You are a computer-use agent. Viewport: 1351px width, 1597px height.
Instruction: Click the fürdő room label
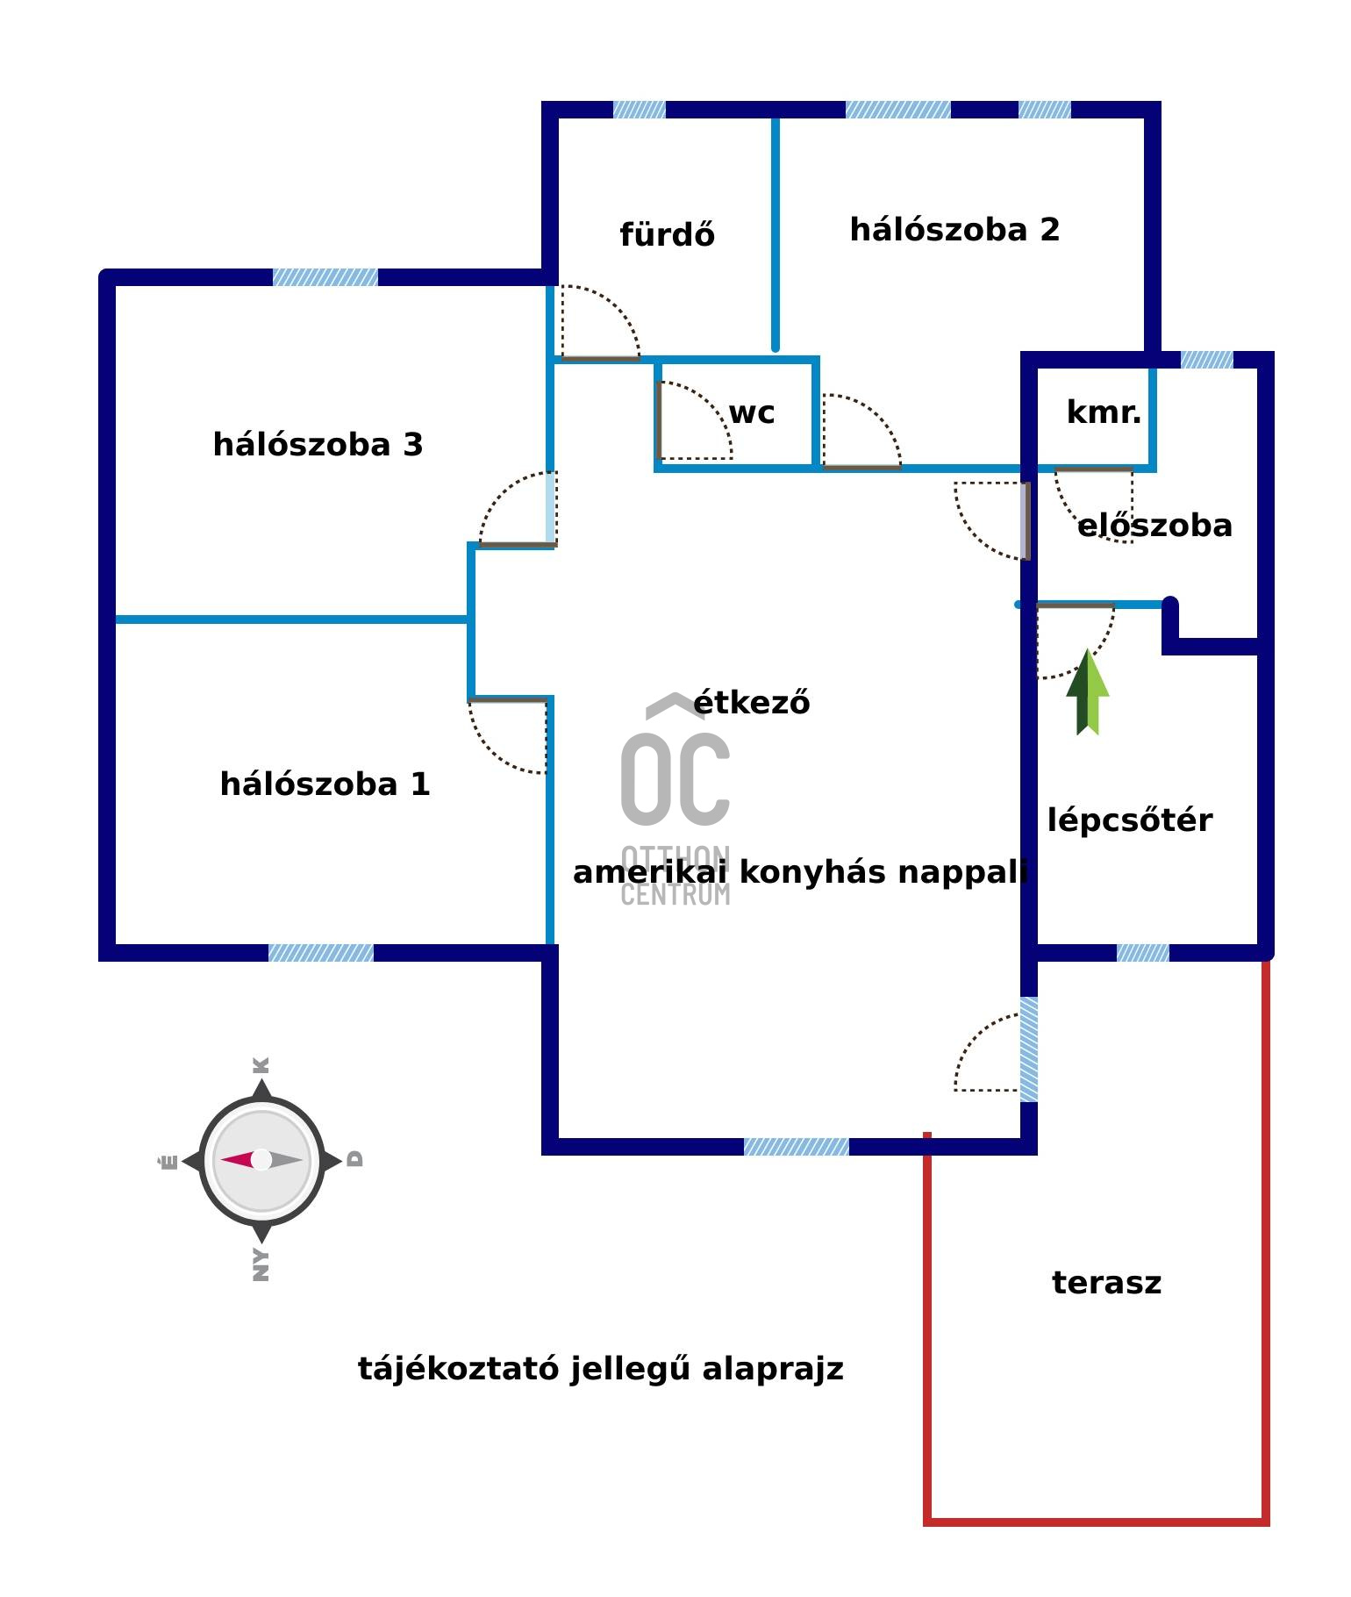(x=667, y=235)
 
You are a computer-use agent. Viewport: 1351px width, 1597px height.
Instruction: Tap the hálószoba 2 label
(x=954, y=230)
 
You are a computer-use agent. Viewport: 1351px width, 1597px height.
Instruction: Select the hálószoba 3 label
(x=318, y=445)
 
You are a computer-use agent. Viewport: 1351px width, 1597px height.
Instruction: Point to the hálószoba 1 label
(x=325, y=784)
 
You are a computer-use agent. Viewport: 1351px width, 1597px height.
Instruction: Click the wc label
(x=752, y=412)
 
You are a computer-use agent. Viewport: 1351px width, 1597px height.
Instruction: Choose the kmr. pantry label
(x=1104, y=412)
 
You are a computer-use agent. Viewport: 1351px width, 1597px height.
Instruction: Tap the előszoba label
(x=1154, y=526)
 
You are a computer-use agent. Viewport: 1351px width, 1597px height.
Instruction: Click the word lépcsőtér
(x=1130, y=820)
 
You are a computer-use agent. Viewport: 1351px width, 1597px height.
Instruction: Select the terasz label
(x=1106, y=1283)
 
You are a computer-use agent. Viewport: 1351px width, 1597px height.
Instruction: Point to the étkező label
(x=752, y=703)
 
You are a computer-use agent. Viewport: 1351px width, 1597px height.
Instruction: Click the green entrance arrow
(x=1088, y=693)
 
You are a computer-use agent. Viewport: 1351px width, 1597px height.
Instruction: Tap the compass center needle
(x=261, y=1160)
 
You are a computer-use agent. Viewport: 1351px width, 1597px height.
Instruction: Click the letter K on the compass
(x=261, y=1065)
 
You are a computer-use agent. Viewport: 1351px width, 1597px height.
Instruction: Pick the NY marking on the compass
(x=261, y=1264)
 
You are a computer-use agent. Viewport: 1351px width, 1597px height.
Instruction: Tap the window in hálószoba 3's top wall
(x=325, y=277)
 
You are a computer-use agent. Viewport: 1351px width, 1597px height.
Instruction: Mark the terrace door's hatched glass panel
(x=1028, y=1049)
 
